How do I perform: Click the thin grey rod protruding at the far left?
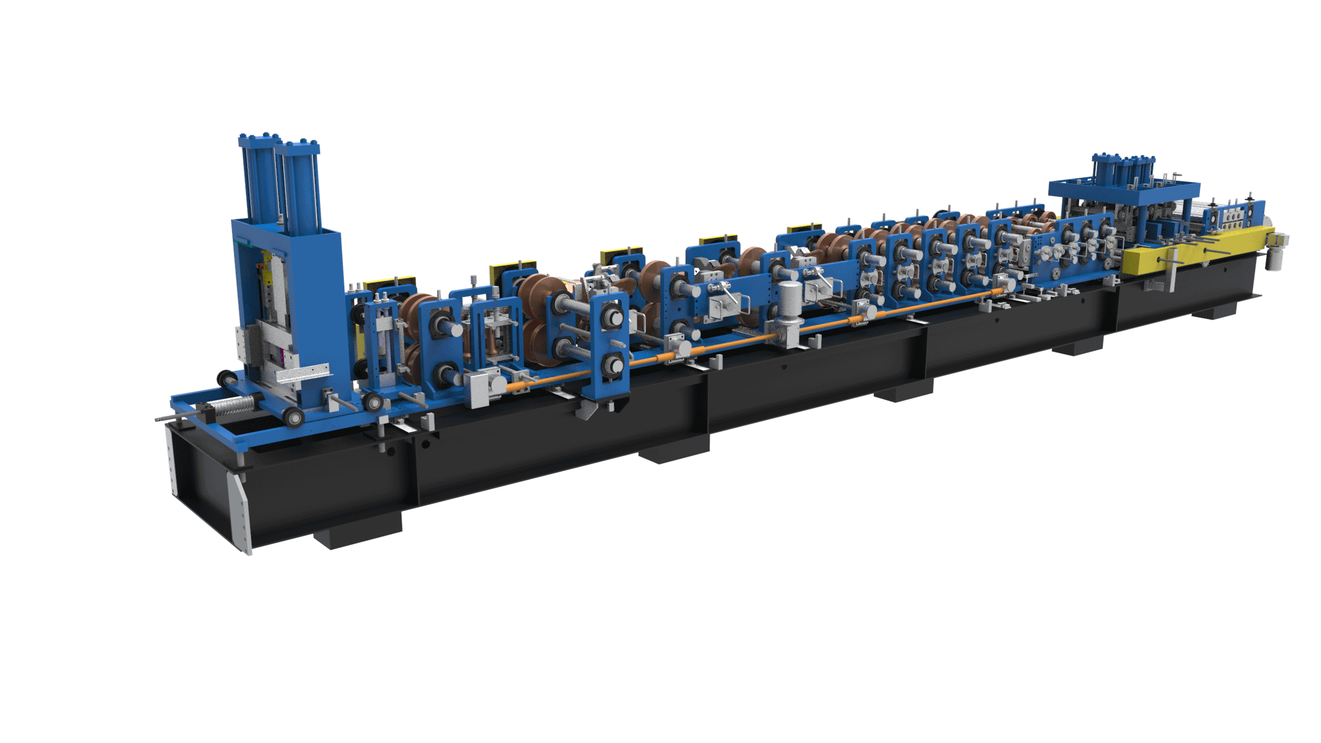[170, 418]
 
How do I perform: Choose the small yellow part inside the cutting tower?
[267, 271]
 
